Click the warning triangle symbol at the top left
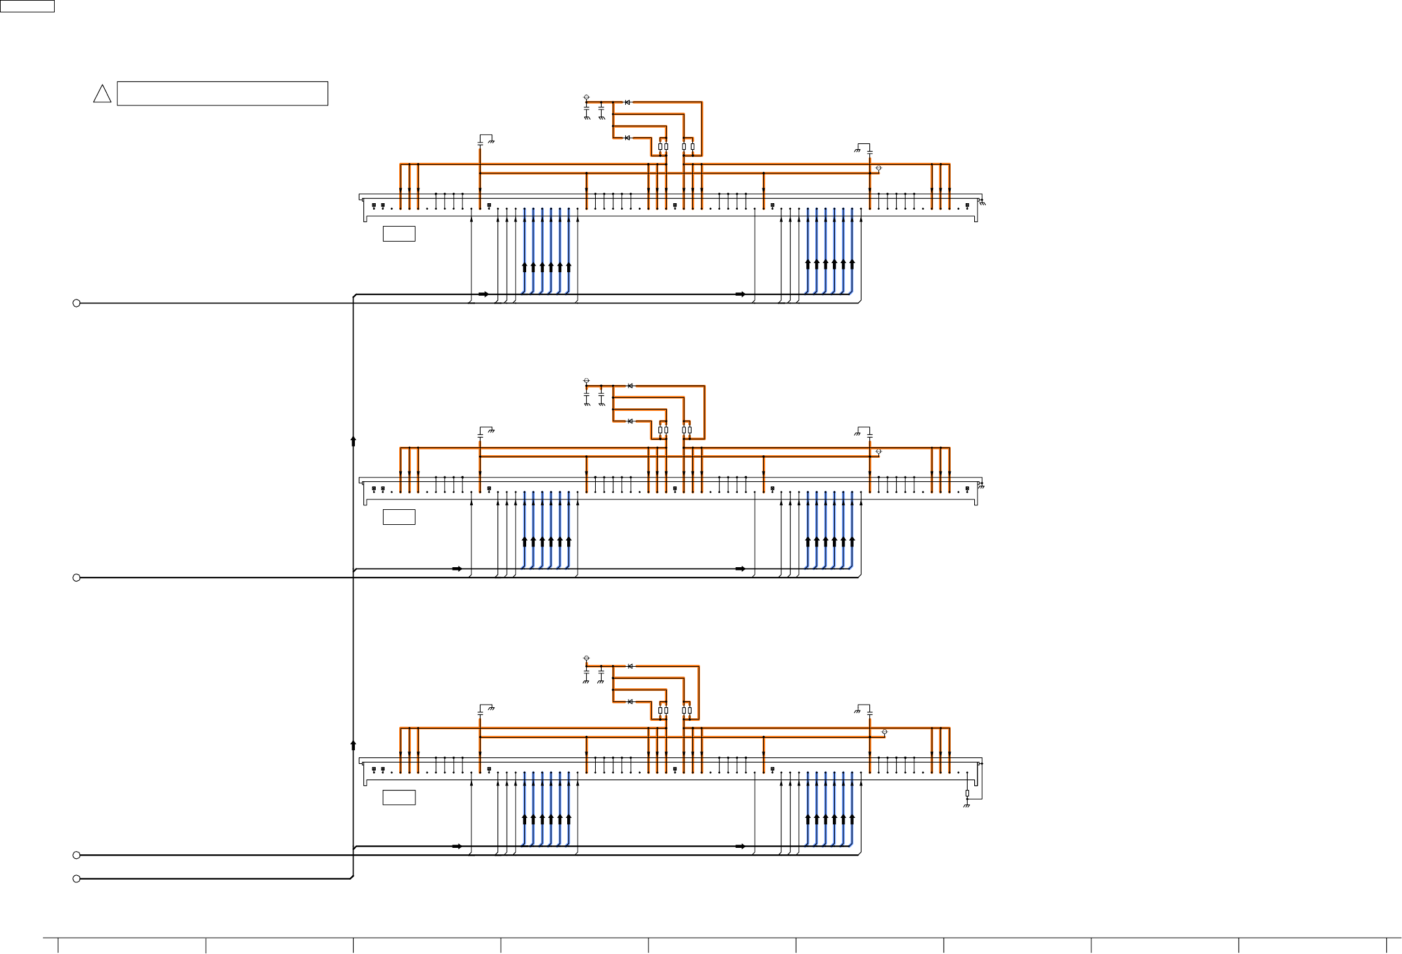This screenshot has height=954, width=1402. (102, 94)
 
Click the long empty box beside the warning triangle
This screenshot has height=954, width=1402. (222, 93)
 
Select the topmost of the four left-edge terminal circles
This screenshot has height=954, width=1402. (76, 303)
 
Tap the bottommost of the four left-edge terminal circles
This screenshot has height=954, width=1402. (76, 878)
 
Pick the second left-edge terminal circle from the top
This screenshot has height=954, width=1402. (76, 578)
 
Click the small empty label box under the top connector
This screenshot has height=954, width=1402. (399, 234)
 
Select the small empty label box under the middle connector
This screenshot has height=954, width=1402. (399, 517)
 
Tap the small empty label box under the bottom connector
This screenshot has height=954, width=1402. (399, 798)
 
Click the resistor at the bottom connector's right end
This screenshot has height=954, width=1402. (967, 793)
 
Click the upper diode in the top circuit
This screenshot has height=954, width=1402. (627, 102)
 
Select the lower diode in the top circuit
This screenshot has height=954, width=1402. (627, 137)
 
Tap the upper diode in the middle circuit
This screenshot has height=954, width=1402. (630, 386)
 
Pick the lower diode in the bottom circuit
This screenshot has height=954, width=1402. (630, 701)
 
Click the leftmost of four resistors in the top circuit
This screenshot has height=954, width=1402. (660, 147)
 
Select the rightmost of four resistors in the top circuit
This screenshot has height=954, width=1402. (692, 147)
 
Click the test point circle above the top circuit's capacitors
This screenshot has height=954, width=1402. (586, 98)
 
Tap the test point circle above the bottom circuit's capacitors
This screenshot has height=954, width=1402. (586, 658)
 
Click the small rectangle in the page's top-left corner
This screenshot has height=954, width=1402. (27, 6)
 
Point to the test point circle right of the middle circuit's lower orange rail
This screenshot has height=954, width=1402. (879, 451)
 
